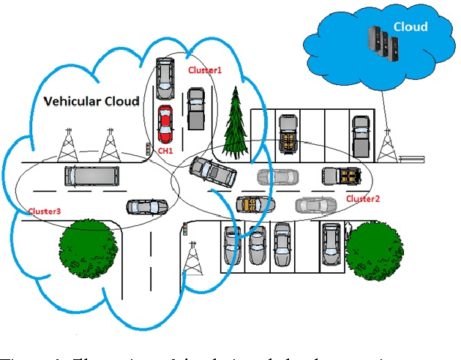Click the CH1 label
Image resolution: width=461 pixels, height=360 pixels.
[x=165, y=151]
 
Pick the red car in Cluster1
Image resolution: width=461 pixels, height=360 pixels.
[x=165, y=125]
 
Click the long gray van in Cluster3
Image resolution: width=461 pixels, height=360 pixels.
[x=91, y=176]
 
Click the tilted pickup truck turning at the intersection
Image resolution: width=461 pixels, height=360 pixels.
[x=213, y=173]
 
